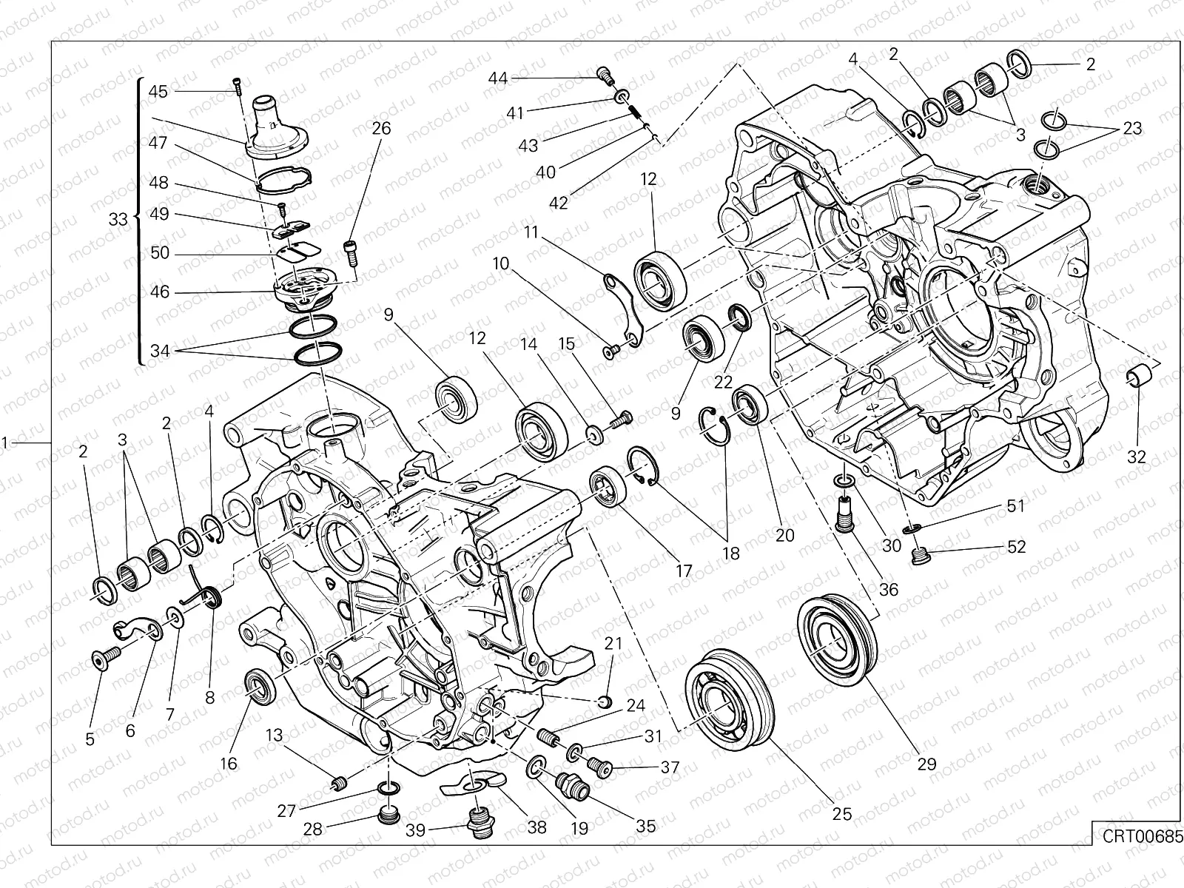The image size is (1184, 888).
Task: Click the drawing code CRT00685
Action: pyautogui.click(x=1137, y=837)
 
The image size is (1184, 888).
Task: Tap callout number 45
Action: pyautogui.click(x=158, y=91)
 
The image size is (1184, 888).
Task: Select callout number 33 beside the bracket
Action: pyautogui.click(x=118, y=219)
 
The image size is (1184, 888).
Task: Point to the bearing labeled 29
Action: pyautogui.click(x=838, y=633)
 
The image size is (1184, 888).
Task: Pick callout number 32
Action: pyautogui.click(x=1137, y=457)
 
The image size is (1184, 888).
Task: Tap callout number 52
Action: pyautogui.click(x=1016, y=547)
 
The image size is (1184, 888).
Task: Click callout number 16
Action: pyautogui.click(x=229, y=763)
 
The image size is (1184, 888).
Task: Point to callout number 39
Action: pyautogui.click(x=416, y=830)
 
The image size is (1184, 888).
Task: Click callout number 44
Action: pyautogui.click(x=498, y=78)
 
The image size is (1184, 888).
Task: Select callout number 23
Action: pyautogui.click(x=1132, y=129)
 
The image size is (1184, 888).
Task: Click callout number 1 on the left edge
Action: pyautogui.click(x=5, y=443)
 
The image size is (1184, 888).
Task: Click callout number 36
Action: pyautogui.click(x=888, y=590)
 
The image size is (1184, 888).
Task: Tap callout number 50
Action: pyautogui.click(x=160, y=253)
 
